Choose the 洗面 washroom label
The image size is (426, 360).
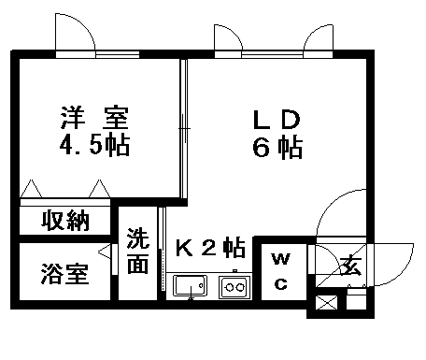138,252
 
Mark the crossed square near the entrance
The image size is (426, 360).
328,303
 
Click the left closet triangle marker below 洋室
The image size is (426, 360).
31,190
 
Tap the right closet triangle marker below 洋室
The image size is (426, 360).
100,190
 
